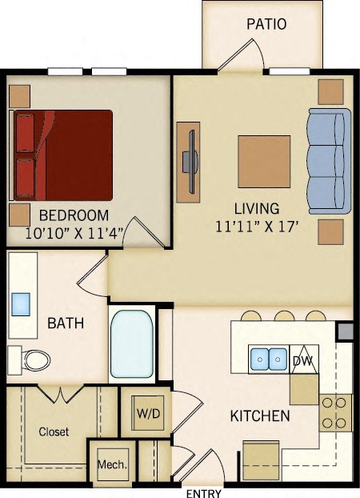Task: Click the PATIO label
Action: (266, 24)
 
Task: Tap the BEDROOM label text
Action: (74, 215)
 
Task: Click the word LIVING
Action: (256, 208)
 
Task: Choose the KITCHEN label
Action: (260, 416)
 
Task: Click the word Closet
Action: (54, 432)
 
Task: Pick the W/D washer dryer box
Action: (146, 413)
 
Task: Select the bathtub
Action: (131, 343)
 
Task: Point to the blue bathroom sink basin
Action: (21, 303)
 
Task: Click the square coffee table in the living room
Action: (264, 161)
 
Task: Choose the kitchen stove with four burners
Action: (336, 412)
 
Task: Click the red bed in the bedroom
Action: (64, 155)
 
